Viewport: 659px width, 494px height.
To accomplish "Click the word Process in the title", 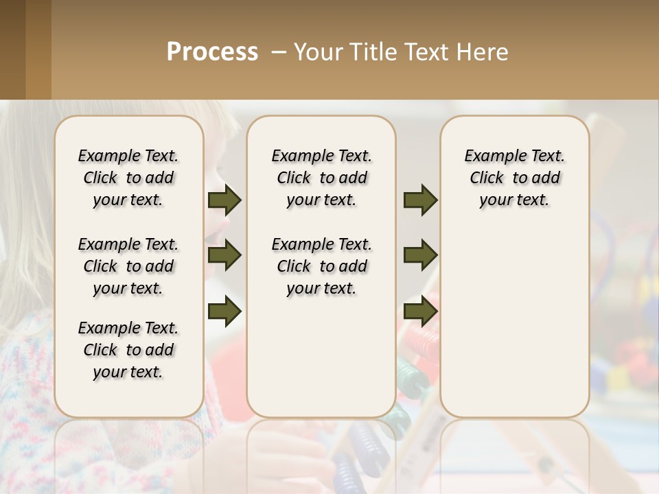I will (212, 51).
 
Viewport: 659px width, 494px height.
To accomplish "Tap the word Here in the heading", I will (483, 52).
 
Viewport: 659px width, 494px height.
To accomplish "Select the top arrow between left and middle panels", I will (224, 200).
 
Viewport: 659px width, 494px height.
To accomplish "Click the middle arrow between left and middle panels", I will (224, 255).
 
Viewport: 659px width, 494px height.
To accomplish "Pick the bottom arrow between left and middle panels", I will (224, 311).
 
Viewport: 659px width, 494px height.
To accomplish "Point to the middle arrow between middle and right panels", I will (420, 255).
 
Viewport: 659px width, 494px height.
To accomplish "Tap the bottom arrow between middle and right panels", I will (420, 311).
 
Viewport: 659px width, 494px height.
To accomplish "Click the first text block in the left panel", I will (128, 178).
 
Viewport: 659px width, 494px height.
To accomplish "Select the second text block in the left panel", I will (128, 266).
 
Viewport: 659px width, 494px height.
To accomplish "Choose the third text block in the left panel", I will (128, 350).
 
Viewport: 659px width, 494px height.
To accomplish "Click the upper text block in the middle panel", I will (321, 178).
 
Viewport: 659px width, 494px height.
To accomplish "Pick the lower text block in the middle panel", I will (321, 266).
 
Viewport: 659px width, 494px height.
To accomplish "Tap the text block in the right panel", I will (514, 178).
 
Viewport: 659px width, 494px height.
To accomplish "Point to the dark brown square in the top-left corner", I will (12, 49).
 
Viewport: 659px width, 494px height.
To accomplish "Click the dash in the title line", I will (278, 52).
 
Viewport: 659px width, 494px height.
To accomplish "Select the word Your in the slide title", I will (319, 52).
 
